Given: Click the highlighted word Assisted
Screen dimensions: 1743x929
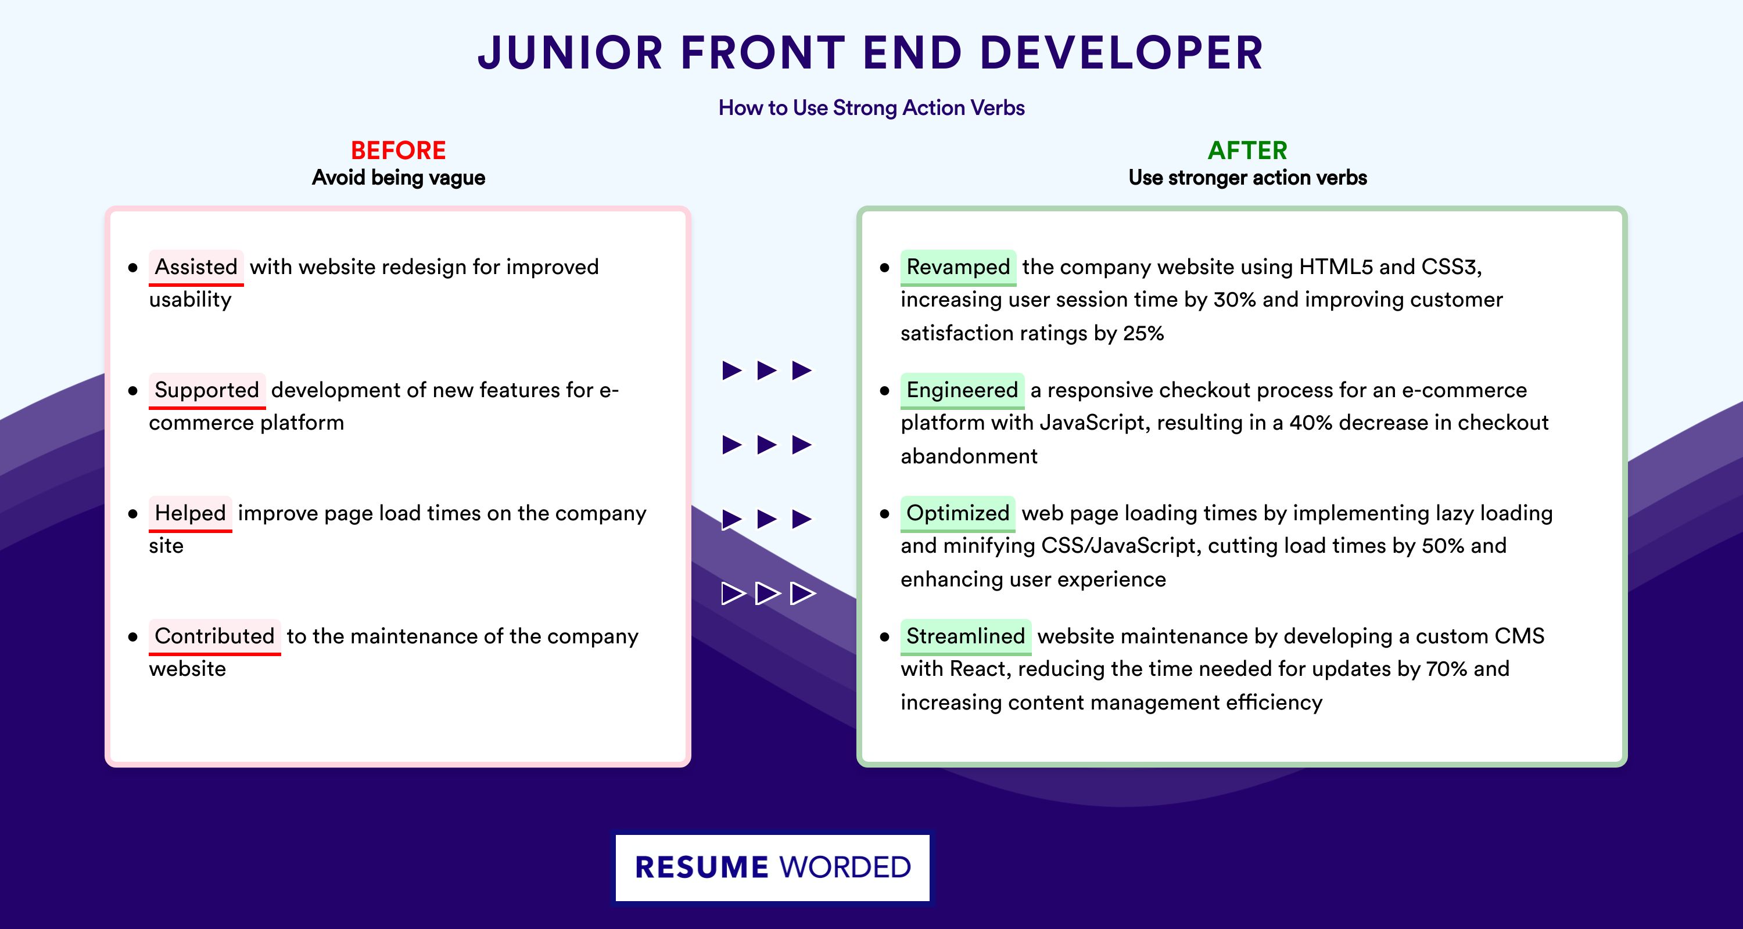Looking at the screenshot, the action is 196,267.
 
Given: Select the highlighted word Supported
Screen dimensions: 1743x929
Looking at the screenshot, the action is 207,390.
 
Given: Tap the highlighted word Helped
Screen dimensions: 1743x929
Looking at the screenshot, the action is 190,513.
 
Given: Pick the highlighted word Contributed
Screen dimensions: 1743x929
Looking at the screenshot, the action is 214,636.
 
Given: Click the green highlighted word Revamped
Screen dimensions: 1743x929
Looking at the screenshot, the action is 958,267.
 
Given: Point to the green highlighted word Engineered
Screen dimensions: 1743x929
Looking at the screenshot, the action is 962,390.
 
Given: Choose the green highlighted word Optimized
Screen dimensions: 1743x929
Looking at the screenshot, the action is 957,513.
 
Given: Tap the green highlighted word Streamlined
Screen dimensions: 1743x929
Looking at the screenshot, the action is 966,636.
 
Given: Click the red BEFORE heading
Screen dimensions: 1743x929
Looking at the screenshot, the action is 399,150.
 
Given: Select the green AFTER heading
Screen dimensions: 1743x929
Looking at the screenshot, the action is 1248,150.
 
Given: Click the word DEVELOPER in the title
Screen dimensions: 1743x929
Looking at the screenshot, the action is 1121,53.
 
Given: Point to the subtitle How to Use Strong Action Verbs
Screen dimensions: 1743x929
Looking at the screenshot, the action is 871,107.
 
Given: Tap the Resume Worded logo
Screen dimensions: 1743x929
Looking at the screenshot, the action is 773,867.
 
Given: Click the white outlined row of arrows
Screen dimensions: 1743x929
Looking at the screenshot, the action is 768,593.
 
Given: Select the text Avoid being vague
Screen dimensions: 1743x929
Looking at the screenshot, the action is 399,178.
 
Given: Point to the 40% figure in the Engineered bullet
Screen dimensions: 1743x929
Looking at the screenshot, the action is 1311,423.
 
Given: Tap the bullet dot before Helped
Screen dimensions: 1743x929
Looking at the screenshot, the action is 132,514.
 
